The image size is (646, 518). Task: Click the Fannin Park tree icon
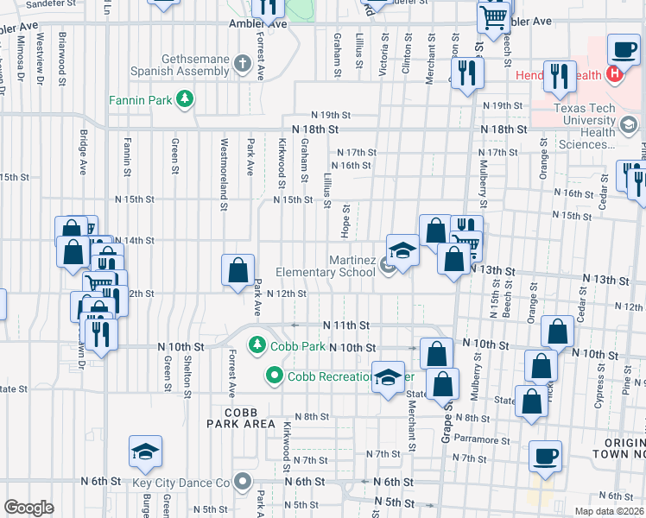[184, 99]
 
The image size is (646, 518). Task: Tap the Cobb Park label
[297, 346]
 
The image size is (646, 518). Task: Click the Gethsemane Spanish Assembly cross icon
[243, 64]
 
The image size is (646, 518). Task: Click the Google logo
[28, 508]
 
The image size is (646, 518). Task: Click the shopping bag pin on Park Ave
[237, 271]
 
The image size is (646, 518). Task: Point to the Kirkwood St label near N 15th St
[282, 162]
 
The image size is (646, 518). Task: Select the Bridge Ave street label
[83, 152]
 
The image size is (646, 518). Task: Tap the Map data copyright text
[609, 511]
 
